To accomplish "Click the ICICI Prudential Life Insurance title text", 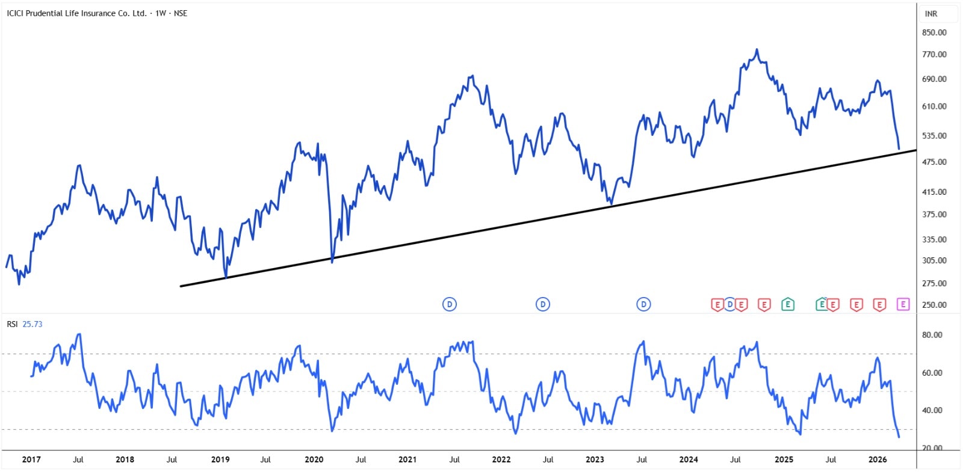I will (76, 13).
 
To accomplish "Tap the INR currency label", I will (931, 14).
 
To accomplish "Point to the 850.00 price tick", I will (934, 32).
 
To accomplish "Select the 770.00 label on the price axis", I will (934, 54).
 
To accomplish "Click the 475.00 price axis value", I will (934, 162).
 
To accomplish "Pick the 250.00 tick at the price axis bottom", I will (934, 305).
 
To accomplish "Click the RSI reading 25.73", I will (33, 324).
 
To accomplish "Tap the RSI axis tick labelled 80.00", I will (932, 335).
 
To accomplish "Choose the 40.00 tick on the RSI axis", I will (932, 410).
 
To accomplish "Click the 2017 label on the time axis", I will (31, 459).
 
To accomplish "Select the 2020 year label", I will (314, 459).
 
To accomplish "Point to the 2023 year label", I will (595, 459).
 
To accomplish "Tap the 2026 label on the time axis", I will (878, 459).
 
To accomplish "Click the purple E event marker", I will (903, 304).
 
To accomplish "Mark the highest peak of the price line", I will (757, 49).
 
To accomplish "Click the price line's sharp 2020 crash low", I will (332, 261).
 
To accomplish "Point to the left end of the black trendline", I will (181, 286).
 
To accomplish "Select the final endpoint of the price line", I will (899, 149).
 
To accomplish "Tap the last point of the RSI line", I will (899, 437).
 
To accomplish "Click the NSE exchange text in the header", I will (181, 13).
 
